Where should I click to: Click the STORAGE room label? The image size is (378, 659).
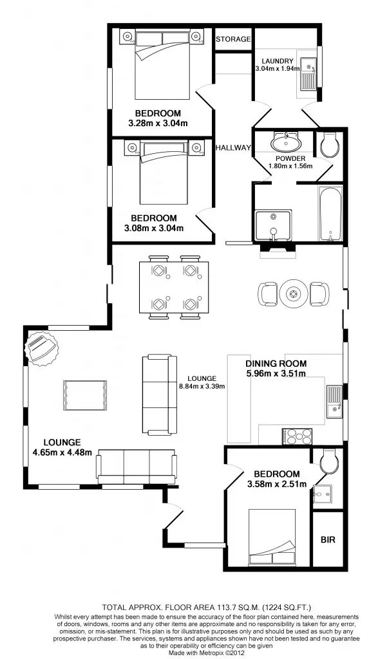point(232,39)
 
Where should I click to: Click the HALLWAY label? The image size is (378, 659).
point(233,147)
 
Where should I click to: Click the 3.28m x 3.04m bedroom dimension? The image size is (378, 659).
point(158,124)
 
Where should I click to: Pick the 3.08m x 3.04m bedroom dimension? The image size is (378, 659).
point(153,228)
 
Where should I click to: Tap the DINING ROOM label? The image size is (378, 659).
point(276,364)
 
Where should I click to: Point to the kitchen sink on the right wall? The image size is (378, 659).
point(334,402)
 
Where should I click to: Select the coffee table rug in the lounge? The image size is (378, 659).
point(84,394)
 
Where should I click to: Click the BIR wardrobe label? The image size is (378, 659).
point(328,539)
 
